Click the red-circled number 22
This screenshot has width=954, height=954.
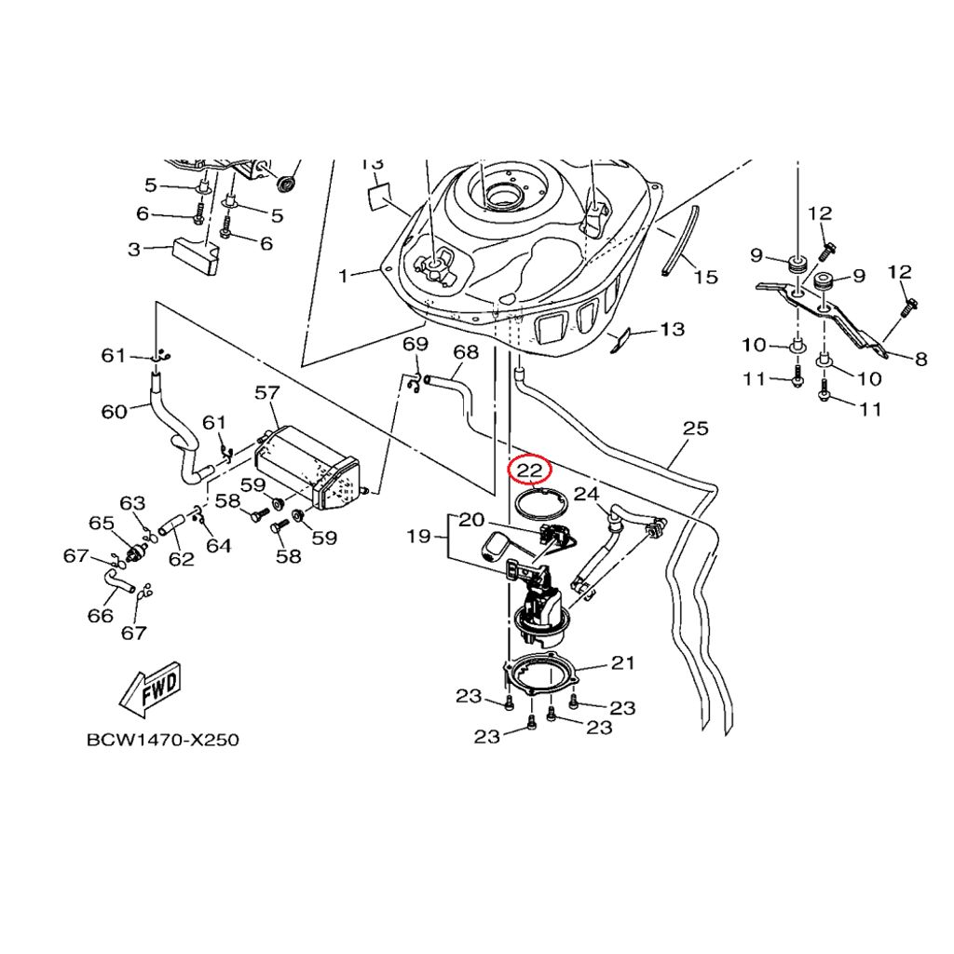[x=529, y=470]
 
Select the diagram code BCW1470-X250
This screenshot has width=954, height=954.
[x=162, y=740]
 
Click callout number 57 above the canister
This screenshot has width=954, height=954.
[x=267, y=393]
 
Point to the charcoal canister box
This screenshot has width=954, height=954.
[x=307, y=468]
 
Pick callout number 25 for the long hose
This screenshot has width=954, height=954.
[x=695, y=429]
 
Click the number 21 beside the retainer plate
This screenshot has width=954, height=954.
[x=622, y=662]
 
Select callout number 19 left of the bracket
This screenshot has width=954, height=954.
[x=418, y=536]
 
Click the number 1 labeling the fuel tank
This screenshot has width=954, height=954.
[x=344, y=276]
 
